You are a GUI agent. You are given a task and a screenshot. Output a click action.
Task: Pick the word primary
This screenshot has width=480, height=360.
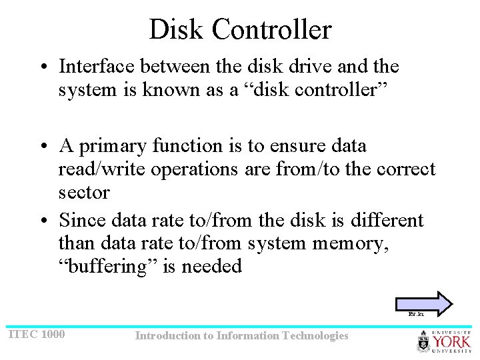click(x=114, y=145)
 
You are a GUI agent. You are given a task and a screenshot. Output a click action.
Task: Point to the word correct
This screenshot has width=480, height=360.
click(x=406, y=169)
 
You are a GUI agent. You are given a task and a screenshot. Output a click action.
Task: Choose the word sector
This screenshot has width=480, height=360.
click(x=84, y=193)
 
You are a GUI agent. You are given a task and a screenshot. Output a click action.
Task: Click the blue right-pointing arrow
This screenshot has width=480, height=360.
click(x=425, y=301)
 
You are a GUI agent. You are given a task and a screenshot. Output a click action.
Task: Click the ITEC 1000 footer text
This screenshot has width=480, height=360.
click(x=37, y=334)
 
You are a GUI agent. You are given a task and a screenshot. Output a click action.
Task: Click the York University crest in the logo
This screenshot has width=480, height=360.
click(x=424, y=343)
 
